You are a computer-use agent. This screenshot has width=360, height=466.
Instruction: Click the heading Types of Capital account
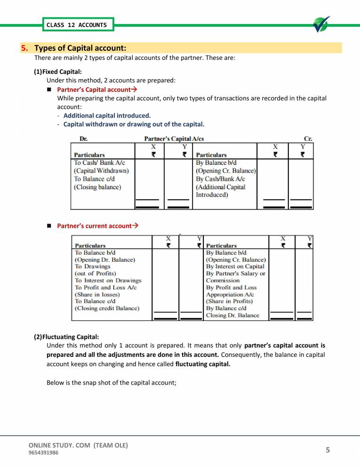(x=80, y=48)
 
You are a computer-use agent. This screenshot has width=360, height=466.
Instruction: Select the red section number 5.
(x=24, y=48)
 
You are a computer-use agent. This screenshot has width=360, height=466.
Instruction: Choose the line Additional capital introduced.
(x=107, y=115)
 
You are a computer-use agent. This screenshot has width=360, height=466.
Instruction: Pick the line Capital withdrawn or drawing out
(x=134, y=124)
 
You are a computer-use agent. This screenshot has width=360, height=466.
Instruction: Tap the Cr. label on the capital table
(x=308, y=139)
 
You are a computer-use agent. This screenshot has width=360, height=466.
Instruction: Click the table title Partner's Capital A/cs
(x=174, y=139)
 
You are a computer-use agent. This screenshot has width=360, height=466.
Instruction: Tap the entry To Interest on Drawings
(x=108, y=280)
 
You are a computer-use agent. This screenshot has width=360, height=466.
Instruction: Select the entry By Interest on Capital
(x=235, y=266)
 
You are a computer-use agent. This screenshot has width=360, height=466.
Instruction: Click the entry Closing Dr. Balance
(x=232, y=315)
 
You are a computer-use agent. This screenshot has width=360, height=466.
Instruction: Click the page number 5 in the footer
(x=328, y=450)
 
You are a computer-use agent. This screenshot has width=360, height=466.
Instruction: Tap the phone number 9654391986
(x=44, y=453)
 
